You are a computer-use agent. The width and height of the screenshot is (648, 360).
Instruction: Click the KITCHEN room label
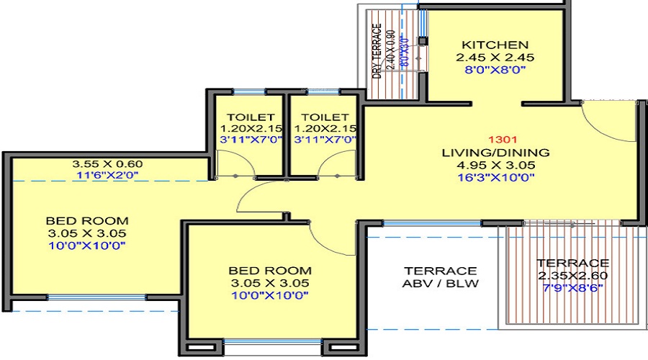point(495,44)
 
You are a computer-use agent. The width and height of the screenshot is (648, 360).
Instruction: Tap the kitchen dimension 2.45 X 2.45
point(495,57)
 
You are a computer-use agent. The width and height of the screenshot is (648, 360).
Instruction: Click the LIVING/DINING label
point(497,153)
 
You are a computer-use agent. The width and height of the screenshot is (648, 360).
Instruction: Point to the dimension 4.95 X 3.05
point(497,166)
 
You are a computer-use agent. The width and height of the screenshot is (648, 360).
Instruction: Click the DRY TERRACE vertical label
point(376,51)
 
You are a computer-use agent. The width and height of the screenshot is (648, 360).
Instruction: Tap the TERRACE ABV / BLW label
point(440,277)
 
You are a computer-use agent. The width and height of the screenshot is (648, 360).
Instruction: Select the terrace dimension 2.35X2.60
point(572,276)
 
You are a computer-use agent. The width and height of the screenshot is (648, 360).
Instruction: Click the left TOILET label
point(250,117)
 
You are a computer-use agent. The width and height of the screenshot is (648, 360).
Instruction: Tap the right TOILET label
point(324,117)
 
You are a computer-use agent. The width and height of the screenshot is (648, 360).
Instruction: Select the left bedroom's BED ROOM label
point(87,220)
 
